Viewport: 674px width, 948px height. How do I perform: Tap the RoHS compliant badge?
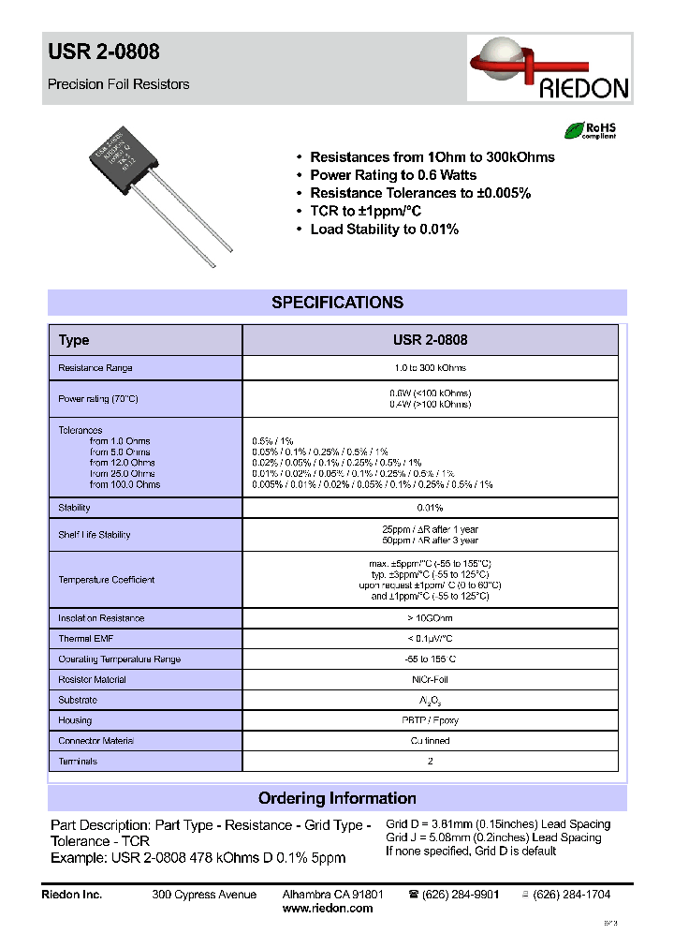[x=590, y=130]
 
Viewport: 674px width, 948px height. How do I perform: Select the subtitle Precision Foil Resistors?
[x=118, y=84]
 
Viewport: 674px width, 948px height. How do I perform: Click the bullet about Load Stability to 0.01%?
[x=384, y=230]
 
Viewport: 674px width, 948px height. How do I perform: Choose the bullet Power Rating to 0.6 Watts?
[x=392, y=175]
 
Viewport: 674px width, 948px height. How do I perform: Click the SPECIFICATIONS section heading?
[x=337, y=303]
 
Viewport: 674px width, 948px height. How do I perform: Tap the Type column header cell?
[x=74, y=340]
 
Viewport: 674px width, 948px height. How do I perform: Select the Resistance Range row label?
[x=95, y=368]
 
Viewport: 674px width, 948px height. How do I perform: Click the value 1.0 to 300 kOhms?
[x=430, y=368]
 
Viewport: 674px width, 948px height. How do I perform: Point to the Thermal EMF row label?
[x=86, y=639]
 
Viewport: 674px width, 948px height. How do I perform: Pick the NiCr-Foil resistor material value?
[x=430, y=680]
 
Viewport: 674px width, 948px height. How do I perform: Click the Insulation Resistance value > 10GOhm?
[x=430, y=618]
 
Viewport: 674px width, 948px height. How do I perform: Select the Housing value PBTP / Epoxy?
[x=430, y=720]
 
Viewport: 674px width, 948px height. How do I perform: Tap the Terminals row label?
[x=78, y=762]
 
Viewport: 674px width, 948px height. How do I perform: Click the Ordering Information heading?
[x=337, y=798]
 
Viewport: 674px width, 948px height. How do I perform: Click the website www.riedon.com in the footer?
[x=328, y=909]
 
